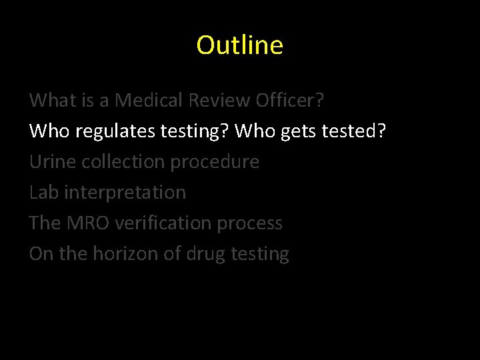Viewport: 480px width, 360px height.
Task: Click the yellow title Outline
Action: click(x=240, y=45)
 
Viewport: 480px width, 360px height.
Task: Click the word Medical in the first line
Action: click(x=150, y=101)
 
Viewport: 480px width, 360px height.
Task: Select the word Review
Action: click(x=221, y=101)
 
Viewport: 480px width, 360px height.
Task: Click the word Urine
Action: click(x=51, y=162)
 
